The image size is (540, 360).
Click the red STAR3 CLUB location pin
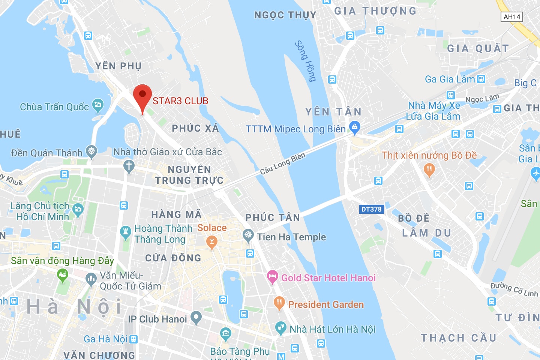(142, 96)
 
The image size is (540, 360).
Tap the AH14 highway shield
(512, 17)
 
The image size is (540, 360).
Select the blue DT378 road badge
(371, 209)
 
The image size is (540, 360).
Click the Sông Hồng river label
(306, 61)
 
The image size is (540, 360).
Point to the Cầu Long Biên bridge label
(283, 163)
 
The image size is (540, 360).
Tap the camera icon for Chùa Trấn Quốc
(97, 105)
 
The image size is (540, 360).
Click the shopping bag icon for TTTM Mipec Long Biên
(354, 127)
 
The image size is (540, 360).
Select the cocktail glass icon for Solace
(212, 241)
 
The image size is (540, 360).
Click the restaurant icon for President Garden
(279, 303)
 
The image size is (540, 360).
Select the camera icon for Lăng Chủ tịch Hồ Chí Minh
(78, 209)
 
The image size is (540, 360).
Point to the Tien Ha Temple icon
(248, 235)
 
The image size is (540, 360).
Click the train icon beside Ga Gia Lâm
(481, 79)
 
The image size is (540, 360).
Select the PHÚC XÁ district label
(195, 128)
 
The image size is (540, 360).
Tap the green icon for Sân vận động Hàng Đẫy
(62, 276)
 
